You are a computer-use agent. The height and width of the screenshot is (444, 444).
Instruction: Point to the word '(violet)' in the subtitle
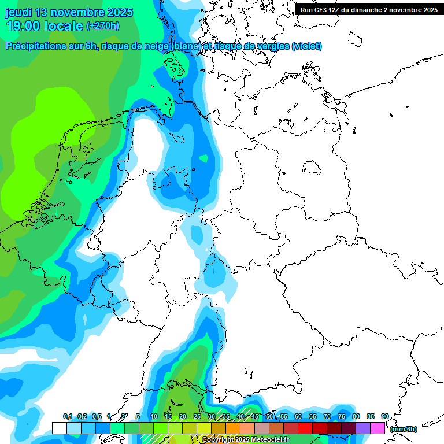tap(307, 46)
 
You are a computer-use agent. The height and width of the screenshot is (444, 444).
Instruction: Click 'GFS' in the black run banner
tap(321, 10)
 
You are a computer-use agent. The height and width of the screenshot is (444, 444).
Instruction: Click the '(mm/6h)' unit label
tap(403, 429)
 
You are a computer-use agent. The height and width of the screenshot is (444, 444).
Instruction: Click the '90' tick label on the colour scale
tap(385, 416)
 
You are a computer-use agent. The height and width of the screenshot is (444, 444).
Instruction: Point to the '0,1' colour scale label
tap(67, 416)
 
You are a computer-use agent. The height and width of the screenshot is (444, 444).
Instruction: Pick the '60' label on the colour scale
tap(298, 416)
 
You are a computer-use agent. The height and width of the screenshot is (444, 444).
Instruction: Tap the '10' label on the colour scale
tap(154, 416)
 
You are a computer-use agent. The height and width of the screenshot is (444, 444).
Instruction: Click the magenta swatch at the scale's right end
tap(378, 428)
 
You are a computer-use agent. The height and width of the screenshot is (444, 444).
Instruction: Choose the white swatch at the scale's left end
tap(59, 428)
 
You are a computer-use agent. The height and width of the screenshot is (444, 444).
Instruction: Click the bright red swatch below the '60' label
tap(305, 428)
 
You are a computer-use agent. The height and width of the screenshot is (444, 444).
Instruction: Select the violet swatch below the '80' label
tap(363, 428)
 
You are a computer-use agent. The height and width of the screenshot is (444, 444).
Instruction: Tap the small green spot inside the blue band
tap(203, 158)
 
